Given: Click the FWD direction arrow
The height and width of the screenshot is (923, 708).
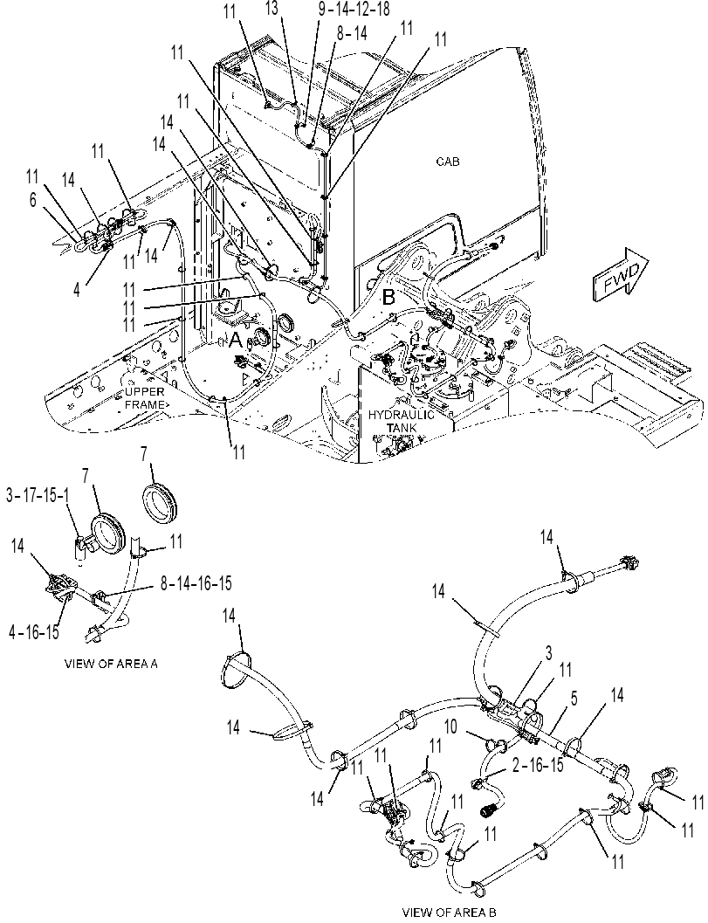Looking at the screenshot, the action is (x=621, y=272).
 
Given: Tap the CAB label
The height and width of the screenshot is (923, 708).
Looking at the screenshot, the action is (x=448, y=162).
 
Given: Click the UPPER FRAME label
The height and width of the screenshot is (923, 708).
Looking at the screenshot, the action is (x=145, y=398).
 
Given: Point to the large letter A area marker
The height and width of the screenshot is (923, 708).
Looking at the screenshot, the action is (x=236, y=340).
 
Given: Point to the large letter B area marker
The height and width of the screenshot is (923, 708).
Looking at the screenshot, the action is (x=389, y=297).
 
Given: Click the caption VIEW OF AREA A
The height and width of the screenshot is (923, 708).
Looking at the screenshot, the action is (x=111, y=664).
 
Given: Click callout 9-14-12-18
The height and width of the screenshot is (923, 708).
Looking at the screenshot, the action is (x=353, y=10).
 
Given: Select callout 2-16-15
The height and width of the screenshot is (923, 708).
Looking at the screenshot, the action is (x=537, y=765).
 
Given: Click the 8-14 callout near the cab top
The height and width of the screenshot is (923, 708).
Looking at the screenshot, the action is (x=351, y=34).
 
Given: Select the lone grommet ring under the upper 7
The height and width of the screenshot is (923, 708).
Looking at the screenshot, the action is (x=162, y=502).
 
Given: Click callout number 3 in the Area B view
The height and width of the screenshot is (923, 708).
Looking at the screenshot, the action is (x=548, y=654).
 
